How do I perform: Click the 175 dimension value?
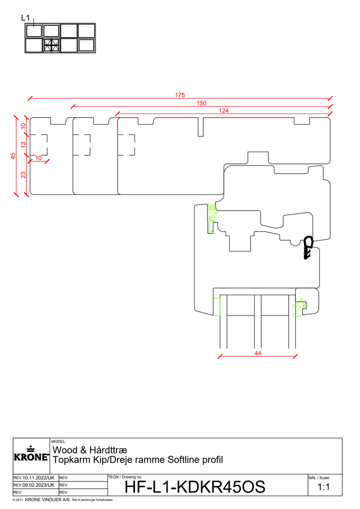(180, 95)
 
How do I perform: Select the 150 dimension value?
(201, 103)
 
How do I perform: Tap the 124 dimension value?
(224, 111)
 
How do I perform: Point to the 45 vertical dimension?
(13, 156)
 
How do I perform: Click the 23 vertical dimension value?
(23, 175)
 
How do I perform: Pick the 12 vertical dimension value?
(23, 145)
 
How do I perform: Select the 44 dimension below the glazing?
(258, 353)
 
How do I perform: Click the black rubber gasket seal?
(308, 247)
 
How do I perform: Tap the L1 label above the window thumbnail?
(25, 18)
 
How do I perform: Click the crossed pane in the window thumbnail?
(51, 45)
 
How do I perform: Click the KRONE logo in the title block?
(31, 454)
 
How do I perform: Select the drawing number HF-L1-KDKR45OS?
(195, 487)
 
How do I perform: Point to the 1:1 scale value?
(324, 487)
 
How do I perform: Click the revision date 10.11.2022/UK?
(38, 478)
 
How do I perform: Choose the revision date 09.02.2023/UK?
(38, 485)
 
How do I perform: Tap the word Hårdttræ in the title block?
(108, 450)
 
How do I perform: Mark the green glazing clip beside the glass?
(300, 307)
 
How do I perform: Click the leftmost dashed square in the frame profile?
(39, 145)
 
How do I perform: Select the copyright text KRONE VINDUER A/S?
(47, 500)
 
